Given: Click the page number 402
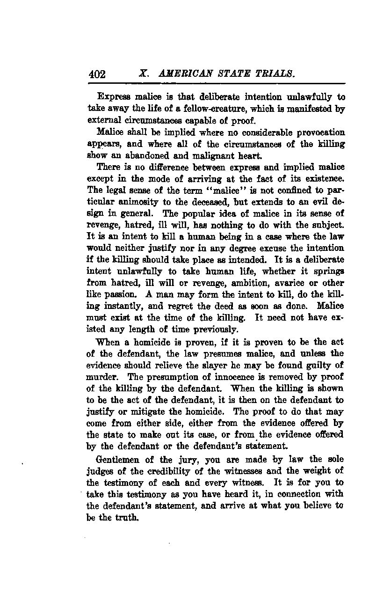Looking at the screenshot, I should tap(97, 74).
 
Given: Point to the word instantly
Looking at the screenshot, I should tap(123, 306).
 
